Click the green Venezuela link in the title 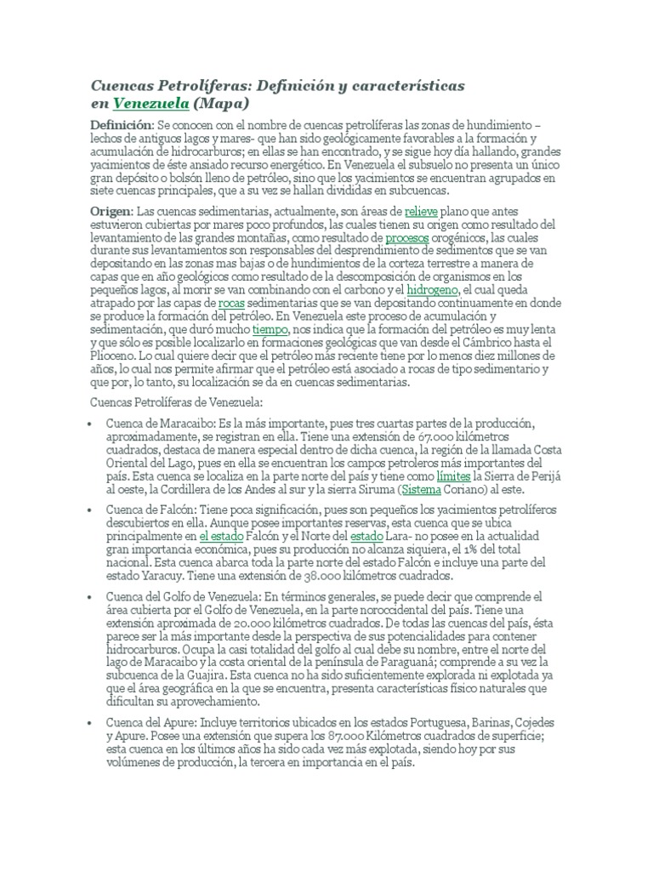[150, 104]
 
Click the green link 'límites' [454, 477]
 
